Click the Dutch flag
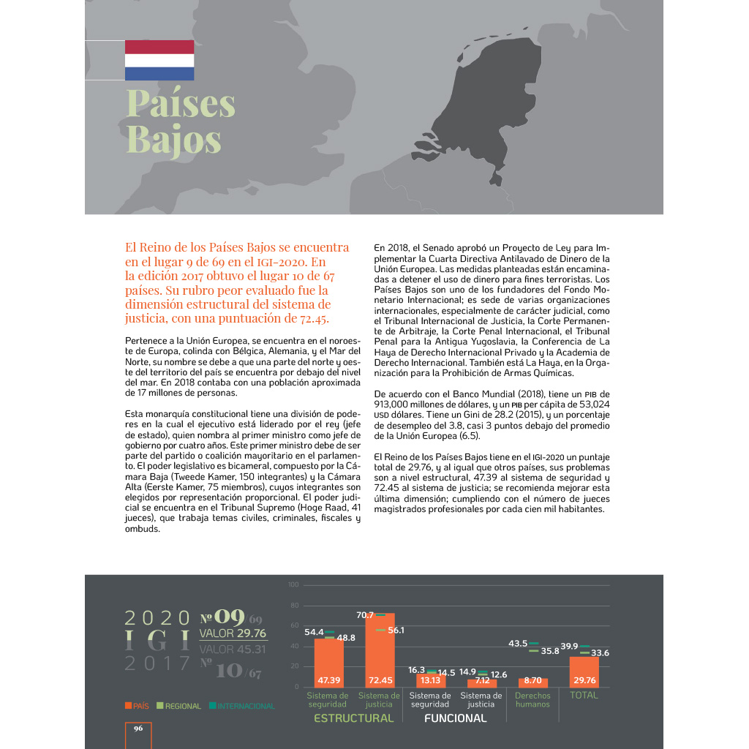[159, 60]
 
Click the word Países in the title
[181, 103]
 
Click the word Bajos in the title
[173, 138]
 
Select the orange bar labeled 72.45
[380, 651]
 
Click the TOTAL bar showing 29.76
[584, 671]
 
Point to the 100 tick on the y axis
[293, 585]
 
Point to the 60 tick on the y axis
[295, 625]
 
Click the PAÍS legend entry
[137, 706]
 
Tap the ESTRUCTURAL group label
[353, 718]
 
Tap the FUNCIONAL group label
[455, 718]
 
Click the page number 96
[138, 729]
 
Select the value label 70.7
[365, 615]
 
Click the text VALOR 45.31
[233, 649]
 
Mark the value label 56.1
[396, 630]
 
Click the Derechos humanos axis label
[532, 700]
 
